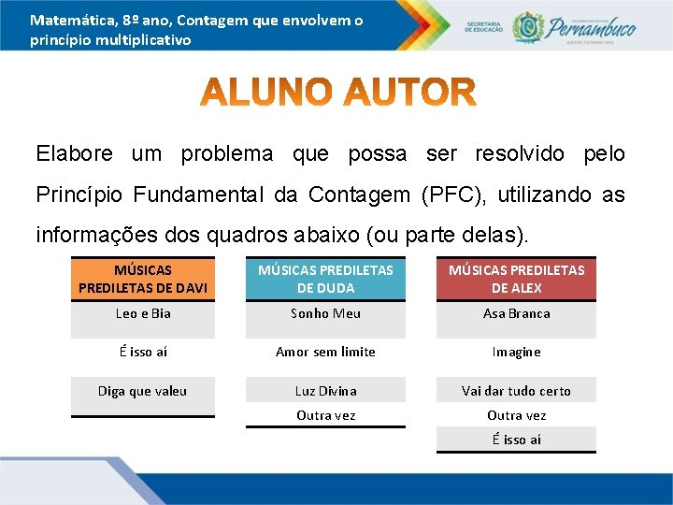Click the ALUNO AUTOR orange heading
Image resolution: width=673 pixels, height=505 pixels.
click(x=338, y=94)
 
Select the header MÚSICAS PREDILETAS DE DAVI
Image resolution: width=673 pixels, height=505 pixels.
click(x=143, y=279)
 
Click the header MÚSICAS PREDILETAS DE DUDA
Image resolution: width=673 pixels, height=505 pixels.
click(x=325, y=279)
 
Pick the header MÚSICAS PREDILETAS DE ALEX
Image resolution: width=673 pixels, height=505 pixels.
click(x=516, y=279)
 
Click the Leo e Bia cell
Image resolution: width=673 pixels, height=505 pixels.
click(x=143, y=313)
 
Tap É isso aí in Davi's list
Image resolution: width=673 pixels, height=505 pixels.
click(x=143, y=352)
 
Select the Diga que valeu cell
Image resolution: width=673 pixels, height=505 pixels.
click(x=143, y=391)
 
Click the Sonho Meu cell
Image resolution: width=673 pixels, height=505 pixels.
click(x=325, y=313)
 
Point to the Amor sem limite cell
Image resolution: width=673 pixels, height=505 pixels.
click(x=325, y=352)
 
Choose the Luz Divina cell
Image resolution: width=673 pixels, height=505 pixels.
click(x=325, y=391)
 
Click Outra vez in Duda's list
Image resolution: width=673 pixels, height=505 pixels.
click(x=325, y=415)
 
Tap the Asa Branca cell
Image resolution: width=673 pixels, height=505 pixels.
click(x=516, y=313)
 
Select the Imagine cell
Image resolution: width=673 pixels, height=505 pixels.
click(x=516, y=352)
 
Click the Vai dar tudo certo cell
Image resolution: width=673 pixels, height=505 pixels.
click(x=516, y=391)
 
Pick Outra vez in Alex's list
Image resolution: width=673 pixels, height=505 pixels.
click(x=516, y=415)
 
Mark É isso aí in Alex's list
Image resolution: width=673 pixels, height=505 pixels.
click(x=516, y=440)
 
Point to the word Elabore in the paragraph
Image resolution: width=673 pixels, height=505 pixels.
click(x=74, y=153)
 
